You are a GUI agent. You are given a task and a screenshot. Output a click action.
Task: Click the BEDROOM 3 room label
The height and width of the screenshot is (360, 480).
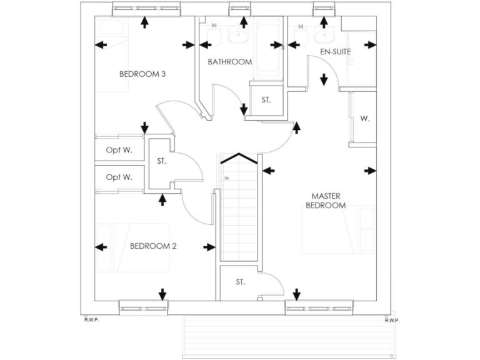[142, 74]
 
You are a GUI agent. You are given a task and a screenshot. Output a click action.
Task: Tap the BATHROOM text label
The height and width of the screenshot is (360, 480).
[229, 62]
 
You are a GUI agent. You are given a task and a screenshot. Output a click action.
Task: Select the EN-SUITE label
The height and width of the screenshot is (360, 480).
[336, 51]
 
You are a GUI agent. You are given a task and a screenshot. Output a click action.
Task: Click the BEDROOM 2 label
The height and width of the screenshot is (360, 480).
[153, 246]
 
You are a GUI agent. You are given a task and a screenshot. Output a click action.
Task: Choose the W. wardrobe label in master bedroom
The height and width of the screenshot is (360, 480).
[364, 118]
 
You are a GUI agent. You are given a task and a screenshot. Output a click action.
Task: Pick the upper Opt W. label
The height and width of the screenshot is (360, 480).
[119, 150]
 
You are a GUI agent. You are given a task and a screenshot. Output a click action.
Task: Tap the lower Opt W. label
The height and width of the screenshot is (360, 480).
[119, 177]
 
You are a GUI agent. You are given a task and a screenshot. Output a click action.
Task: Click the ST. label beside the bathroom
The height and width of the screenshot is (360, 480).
[266, 100]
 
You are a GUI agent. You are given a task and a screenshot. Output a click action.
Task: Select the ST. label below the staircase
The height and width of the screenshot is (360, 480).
[241, 282]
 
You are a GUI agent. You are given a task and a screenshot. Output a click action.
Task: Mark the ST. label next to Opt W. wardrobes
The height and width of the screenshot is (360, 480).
[161, 161]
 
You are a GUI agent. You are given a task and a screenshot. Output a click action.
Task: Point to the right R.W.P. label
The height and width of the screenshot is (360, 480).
[392, 320]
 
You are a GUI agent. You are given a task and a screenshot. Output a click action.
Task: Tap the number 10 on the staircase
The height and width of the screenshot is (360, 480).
[226, 177]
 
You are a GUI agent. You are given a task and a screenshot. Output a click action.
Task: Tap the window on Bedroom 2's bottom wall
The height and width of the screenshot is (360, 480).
[144, 307]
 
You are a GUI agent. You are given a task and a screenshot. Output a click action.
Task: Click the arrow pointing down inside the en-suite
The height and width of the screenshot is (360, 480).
[324, 80]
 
